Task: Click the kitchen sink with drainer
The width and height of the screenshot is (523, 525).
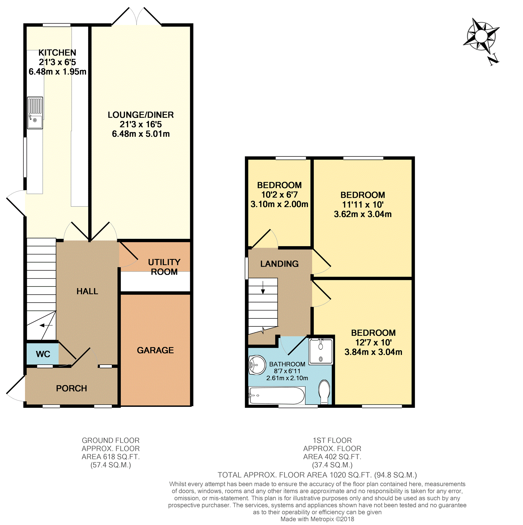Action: pyautogui.click(x=35, y=113)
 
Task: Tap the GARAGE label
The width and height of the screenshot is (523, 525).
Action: pyautogui.click(x=155, y=350)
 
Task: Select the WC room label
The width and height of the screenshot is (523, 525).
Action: pyautogui.click(x=43, y=354)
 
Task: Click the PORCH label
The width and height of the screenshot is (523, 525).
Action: pyautogui.click(x=72, y=388)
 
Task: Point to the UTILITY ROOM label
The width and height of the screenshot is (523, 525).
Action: pyautogui.click(x=164, y=267)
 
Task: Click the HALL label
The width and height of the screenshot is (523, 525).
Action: pyautogui.click(x=87, y=291)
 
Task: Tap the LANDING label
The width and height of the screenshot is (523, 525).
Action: pyautogui.click(x=279, y=264)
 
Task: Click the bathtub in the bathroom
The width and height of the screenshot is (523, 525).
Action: pyautogui.click(x=276, y=396)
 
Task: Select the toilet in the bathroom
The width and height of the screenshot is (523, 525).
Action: pyautogui.click(x=324, y=392)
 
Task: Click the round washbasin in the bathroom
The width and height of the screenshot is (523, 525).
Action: pyautogui.click(x=257, y=365)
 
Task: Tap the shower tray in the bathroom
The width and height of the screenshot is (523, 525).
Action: pyautogui.click(x=321, y=351)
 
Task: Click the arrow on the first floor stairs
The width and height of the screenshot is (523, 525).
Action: pyautogui.click(x=263, y=287)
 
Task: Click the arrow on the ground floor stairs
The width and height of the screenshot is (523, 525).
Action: pyautogui.click(x=46, y=325)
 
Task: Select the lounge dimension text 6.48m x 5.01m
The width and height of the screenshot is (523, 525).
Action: pyautogui.click(x=141, y=134)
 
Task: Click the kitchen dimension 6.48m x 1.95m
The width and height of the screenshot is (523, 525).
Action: pyautogui.click(x=57, y=72)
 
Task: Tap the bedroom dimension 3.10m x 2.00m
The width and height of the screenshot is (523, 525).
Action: pyautogui.click(x=279, y=204)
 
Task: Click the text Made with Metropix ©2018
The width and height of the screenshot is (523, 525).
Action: pyautogui.click(x=317, y=519)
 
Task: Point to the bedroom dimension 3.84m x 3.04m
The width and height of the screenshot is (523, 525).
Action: pyautogui.click(x=373, y=352)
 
